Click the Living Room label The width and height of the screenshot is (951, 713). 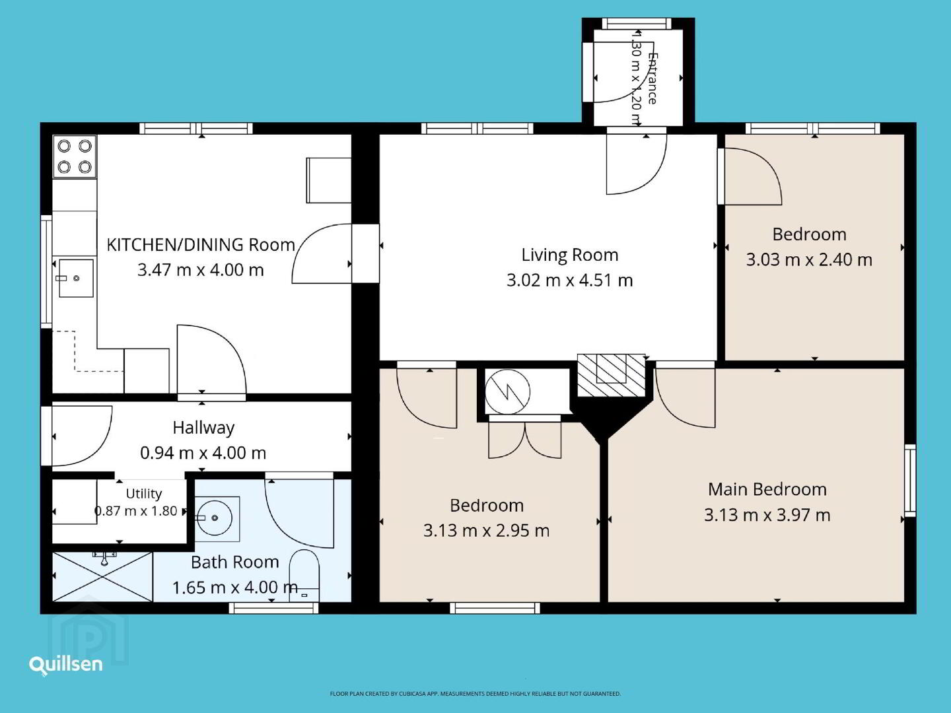(570, 255)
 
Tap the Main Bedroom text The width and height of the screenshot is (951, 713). (767, 490)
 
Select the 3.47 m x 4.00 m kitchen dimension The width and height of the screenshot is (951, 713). (201, 270)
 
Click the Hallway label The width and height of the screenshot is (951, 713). (203, 428)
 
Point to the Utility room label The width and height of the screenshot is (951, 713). (144, 494)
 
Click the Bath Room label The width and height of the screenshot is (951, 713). (235, 562)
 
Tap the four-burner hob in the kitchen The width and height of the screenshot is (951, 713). (75, 156)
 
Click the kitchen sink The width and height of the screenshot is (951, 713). (76, 278)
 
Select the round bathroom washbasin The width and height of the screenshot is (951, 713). (215, 518)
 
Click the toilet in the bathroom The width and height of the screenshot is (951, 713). (304, 576)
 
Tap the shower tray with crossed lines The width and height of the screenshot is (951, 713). (102, 576)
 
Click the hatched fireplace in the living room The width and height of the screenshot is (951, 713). (612, 375)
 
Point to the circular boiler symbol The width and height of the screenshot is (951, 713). (507, 392)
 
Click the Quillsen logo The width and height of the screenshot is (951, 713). (66, 665)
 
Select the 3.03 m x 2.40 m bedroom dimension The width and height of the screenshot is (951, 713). (809, 259)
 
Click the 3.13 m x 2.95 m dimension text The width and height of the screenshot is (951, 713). (486, 531)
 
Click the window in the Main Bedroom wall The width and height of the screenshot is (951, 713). (910, 481)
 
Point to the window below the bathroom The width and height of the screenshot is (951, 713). (273, 608)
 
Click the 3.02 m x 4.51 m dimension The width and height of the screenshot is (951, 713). (570, 281)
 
